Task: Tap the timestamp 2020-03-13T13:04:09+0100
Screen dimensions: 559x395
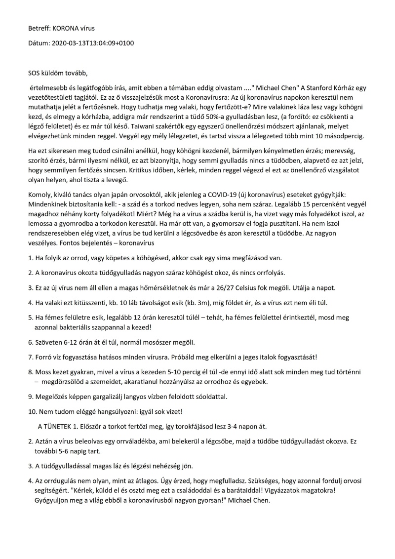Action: coord(93,43)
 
